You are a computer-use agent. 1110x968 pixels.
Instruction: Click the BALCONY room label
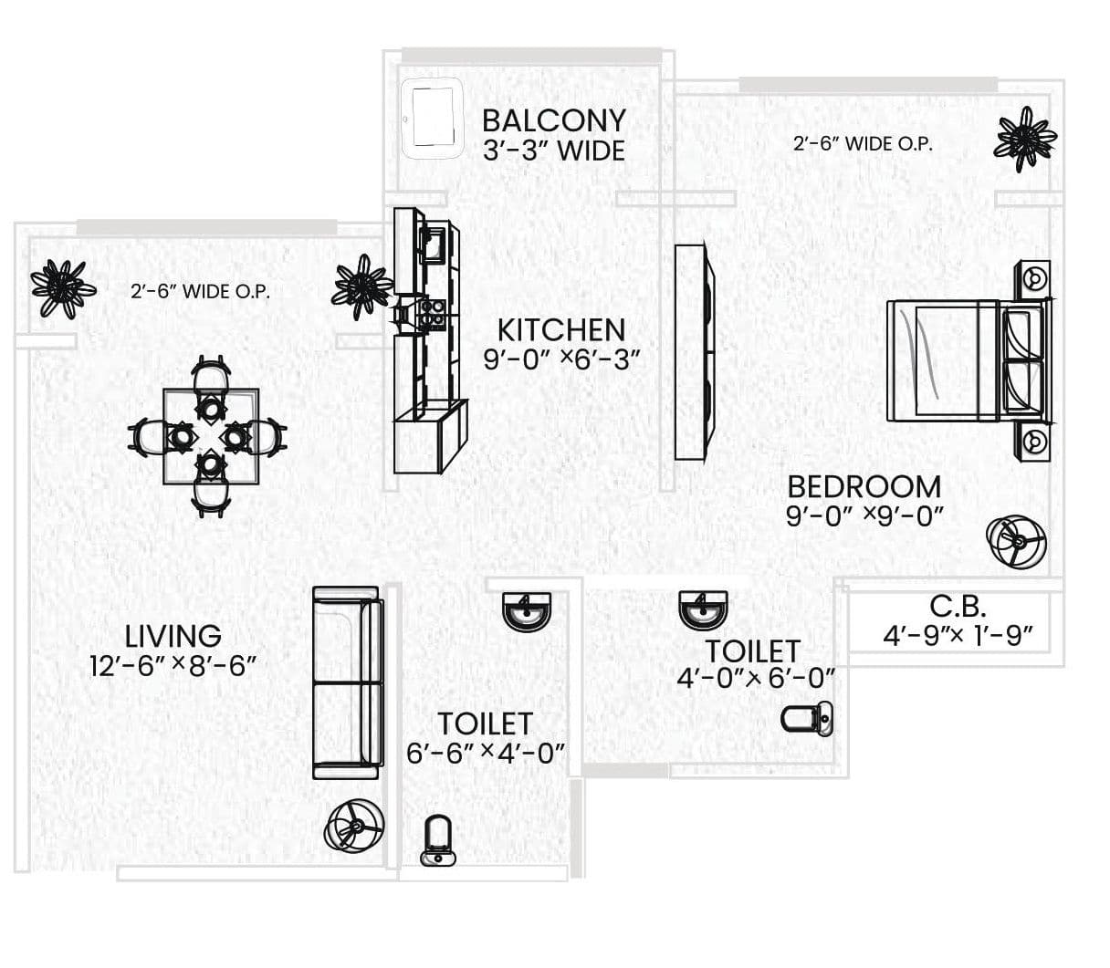tap(553, 120)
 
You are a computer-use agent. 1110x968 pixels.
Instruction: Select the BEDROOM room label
tap(864, 486)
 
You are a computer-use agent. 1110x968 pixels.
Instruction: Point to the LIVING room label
tap(173, 635)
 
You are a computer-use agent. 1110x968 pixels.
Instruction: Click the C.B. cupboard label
tap(958, 606)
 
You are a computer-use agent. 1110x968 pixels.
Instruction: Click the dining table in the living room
tap(211, 437)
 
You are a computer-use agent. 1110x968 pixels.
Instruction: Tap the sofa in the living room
tap(346, 682)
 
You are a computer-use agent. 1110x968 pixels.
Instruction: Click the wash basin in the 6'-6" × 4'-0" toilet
tap(527, 611)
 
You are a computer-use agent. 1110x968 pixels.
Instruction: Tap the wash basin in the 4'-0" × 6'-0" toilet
tap(703, 609)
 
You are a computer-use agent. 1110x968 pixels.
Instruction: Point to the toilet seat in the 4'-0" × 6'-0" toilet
tap(807, 719)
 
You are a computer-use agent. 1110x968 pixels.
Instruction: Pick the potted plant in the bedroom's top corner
tap(1025, 139)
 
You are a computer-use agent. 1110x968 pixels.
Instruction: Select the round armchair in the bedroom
tap(1016, 543)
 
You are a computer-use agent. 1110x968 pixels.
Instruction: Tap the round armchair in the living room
tap(355, 827)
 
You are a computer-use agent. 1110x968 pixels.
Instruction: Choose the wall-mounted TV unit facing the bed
tap(693, 351)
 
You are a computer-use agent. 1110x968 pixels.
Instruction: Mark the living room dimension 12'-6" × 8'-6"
tap(173, 666)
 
